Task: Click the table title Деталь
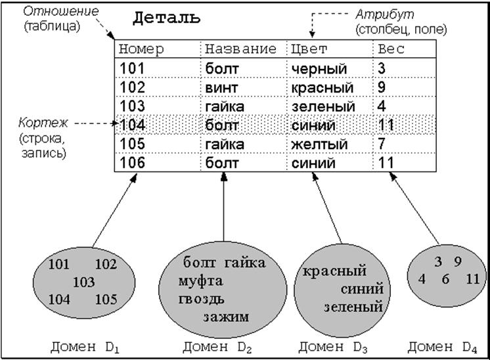click(x=167, y=18)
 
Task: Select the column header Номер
click(x=141, y=49)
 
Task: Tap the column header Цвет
click(x=309, y=49)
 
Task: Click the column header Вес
click(x=391, y=49)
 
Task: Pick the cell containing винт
click(x=223, y=87)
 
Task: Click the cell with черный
click(x=319, y=69)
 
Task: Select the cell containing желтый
click(x=319, y=144)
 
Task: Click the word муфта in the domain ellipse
click(x=201, y=281)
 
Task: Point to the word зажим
click(x=226, y=317)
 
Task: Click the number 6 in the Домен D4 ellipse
click(x=446, y=279)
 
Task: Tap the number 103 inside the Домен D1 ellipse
click(x=83, y=282)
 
